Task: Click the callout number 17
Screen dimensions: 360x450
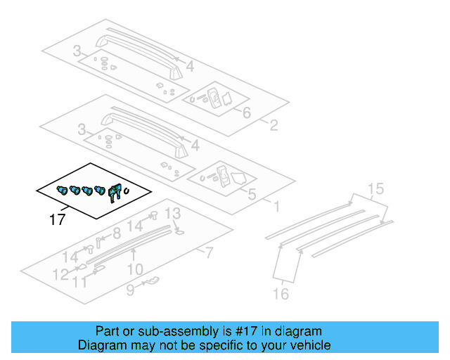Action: click(x=58, y=220)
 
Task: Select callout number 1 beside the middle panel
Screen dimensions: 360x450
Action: click(x=276, y=207)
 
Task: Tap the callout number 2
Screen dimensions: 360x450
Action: click(x=274, y=126)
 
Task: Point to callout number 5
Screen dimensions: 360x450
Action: click(x=252, y=193)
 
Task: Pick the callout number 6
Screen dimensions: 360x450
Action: click(x=246, y=112)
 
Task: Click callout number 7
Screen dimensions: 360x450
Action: click(x=209, y=252)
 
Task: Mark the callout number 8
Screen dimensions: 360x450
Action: click(x=117, y=233)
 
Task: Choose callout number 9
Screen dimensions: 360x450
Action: click(x=130, y=290)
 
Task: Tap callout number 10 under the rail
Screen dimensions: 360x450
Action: click(x=135, y=269)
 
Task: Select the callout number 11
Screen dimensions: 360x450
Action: click(x=82, y=282)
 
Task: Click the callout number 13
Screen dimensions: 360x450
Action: click(x=172, y=214)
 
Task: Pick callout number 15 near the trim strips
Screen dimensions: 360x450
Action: click(x=375, y=188)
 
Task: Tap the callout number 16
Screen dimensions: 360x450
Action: click(x=281, y=294)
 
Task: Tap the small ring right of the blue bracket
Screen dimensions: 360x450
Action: click(x=127, y=191)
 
